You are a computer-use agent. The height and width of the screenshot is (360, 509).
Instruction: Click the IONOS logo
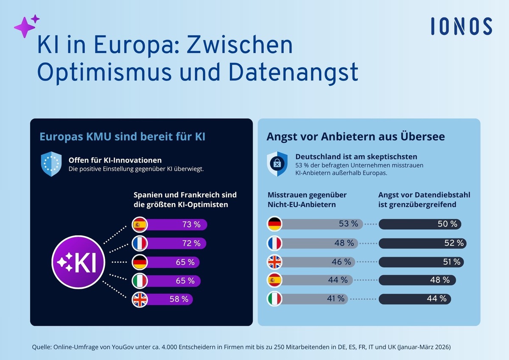[x=461, y=26]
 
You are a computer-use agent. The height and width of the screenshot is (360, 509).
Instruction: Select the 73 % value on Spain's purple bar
[x=191, y=225]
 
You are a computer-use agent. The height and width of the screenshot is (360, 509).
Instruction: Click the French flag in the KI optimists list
[x=140, y=243]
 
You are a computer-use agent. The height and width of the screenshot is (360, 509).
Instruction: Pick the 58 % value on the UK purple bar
[x=179, y=299]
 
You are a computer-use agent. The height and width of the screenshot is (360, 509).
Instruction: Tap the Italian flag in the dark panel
[x=140, y=281]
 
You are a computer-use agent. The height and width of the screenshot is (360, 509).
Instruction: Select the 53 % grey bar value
[x=349, y=224]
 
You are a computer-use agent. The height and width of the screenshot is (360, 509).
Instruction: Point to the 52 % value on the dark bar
[x=454, y=243]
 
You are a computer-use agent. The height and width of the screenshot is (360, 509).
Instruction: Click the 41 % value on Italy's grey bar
[x=336, y=299]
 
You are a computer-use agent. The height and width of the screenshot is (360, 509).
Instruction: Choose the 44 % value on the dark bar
[x=437, y=299]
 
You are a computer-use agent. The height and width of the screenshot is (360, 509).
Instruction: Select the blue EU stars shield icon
[x=51, y=164]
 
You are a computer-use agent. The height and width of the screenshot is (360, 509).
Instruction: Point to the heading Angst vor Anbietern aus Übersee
[x=355, y=137]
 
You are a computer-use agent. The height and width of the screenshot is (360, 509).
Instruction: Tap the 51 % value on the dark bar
[x=451, y=262]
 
